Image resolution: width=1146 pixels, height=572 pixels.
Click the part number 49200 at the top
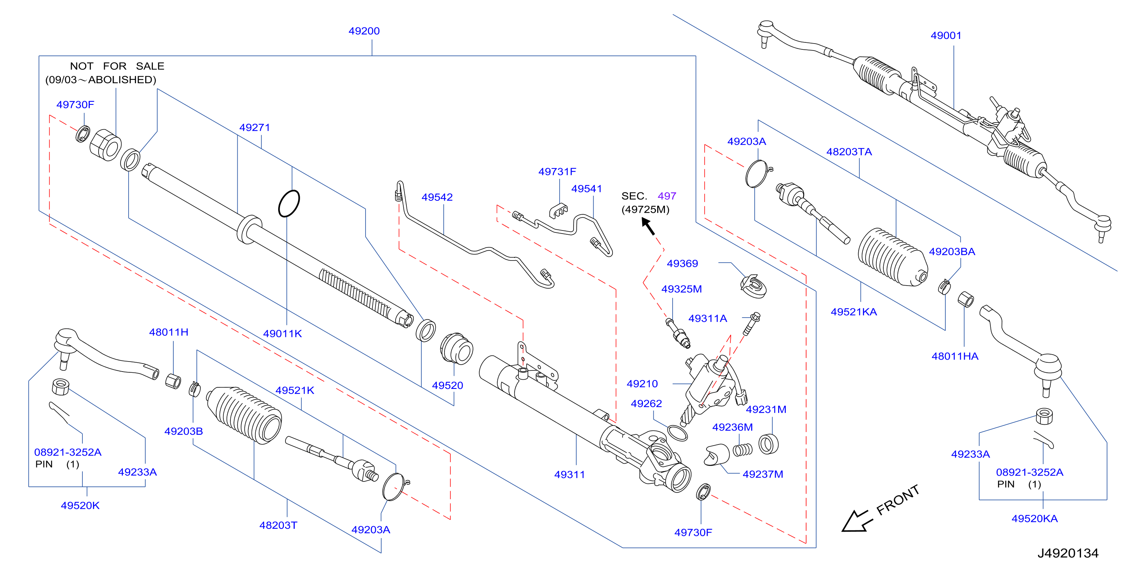[x=364, y=31]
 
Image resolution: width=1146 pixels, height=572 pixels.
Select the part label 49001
[x=946, y=35]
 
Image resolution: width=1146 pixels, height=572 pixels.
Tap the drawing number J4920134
[x=1068, y=553]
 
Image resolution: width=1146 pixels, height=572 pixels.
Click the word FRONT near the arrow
[x=898, y=500]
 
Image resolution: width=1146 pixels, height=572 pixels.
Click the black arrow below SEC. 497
[x=648, y=226]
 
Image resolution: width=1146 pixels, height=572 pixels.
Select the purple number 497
[x=667, y=196]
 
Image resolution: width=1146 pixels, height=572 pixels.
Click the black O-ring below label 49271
[x=289, y=204]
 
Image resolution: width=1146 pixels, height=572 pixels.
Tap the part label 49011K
[x=282, y=333]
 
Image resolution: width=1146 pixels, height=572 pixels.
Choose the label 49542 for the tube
[x=437, y=197]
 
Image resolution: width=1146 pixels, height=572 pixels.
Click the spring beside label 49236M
[x=743, y=450]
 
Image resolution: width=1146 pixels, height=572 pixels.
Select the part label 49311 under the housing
[x=569, y=474]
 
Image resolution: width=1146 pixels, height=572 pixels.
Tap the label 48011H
[x=169, y=332]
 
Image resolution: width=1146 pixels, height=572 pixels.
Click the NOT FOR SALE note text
[x=117, y=66]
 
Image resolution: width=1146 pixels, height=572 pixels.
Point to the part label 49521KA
[x=854, y=311]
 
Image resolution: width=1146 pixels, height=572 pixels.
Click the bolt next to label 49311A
[x=752, y=324]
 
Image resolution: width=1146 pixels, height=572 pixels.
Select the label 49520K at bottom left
[x=80, y=505]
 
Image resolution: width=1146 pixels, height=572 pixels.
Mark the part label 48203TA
[x=849, y=152]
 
